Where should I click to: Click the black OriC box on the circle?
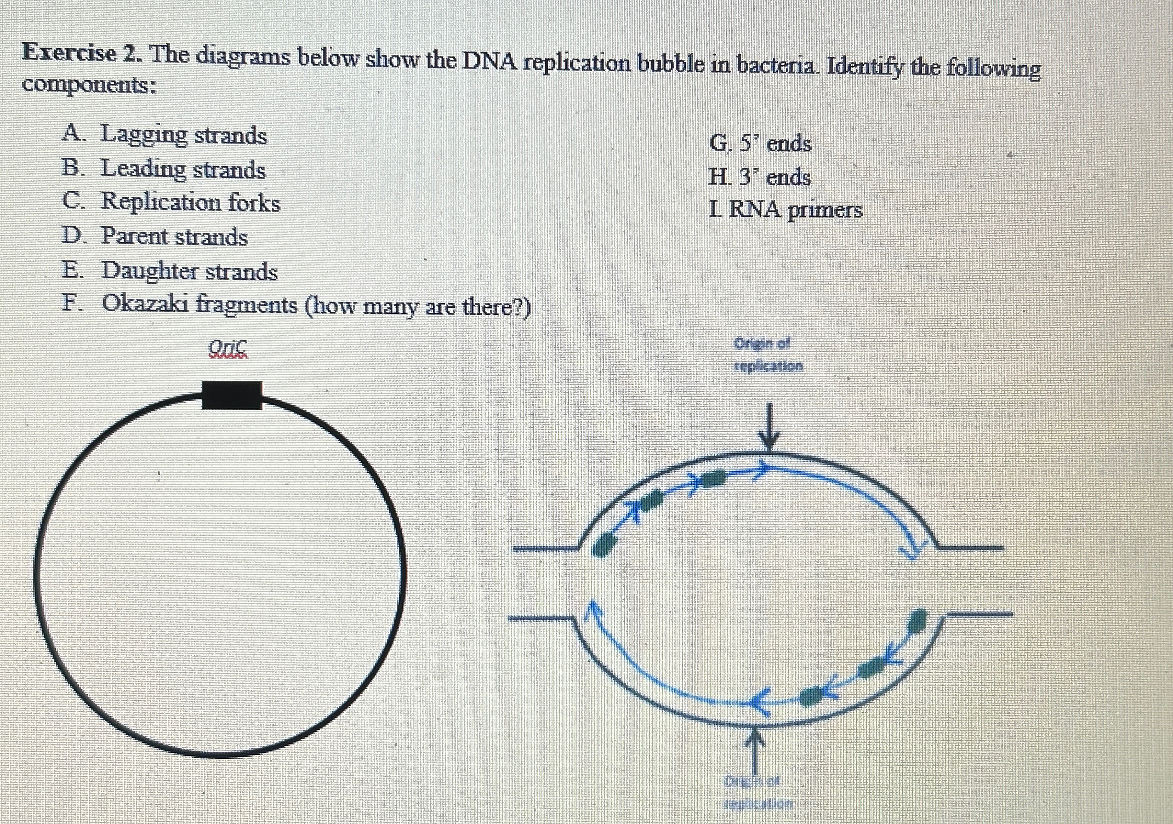(231, 395)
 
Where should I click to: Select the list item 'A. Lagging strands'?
(164, 135)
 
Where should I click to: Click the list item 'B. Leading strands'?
(164, 169)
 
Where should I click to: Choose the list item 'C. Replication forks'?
(171, 202)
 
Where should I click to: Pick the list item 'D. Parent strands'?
(155, 236)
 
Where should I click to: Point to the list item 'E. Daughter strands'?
(170, 271)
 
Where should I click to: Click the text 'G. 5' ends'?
(760, 144)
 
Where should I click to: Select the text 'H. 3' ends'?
(759, 177)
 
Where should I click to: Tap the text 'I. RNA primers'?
(785, 210)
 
